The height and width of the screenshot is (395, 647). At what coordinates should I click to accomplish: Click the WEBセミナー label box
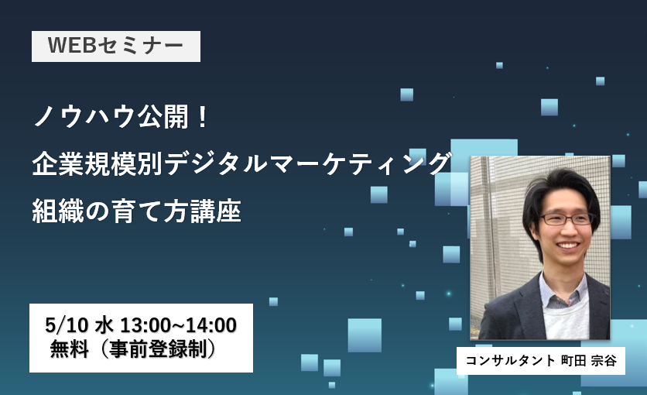click(x=116, y=46)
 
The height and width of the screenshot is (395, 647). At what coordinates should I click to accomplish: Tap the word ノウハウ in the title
click(x=85, y=117)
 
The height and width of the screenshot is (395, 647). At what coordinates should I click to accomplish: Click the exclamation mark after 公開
click(x=202, y=117)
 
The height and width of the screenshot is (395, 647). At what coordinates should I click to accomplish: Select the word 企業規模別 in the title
click(x=98, y=164)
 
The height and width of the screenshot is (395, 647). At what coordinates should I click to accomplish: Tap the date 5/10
click(x=67, y=325)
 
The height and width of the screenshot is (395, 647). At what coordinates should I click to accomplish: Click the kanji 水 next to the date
click(x=104, y=325)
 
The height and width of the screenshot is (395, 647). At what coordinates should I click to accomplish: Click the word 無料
click(x=70, y=349)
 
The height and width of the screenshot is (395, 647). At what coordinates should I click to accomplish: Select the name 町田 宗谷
click(x=589, y=361)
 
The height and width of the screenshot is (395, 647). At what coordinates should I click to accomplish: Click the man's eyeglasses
click(x=567, y=218)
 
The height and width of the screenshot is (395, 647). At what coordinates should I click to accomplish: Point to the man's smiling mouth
click(x=568, y=246)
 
